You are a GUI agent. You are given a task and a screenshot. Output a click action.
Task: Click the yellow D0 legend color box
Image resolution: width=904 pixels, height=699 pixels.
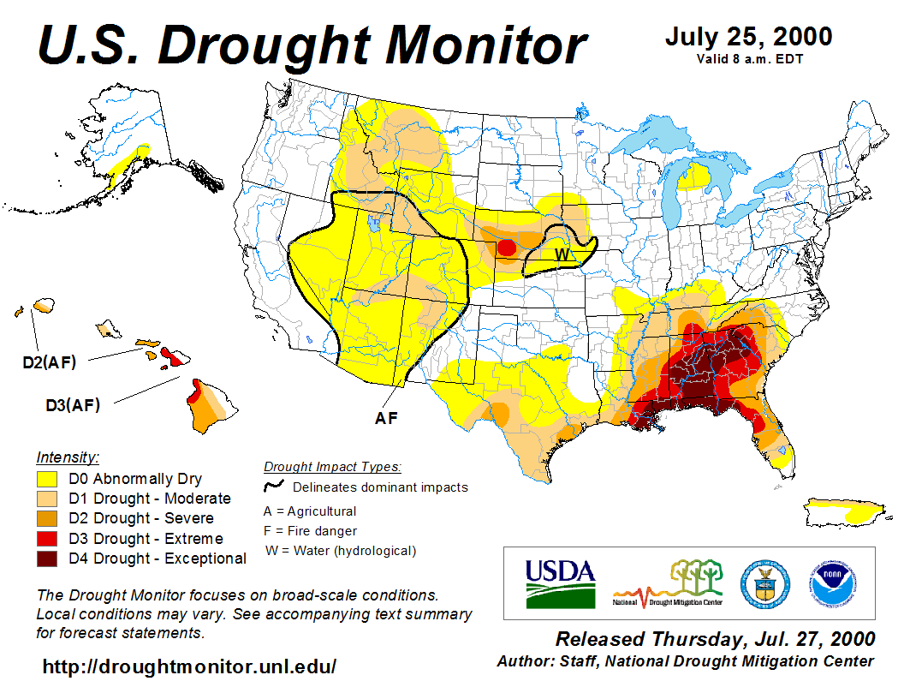click(x=47, y=479)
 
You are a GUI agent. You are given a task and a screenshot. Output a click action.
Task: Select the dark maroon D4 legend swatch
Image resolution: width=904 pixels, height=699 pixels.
click(x=47, y=559)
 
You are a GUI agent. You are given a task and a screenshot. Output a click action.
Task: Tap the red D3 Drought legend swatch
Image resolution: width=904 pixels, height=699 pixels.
click(x=47, y=539)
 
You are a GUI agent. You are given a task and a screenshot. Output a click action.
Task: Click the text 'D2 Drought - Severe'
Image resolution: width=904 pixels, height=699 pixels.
click(x=152, y=518)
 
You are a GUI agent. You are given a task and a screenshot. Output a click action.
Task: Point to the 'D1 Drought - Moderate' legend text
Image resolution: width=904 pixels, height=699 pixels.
click(x=161, y=499)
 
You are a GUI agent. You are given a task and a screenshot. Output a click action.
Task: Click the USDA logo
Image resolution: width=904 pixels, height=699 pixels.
click(x=560, y=582)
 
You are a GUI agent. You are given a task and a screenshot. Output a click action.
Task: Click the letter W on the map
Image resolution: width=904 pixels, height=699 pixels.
click(x=561, y=254)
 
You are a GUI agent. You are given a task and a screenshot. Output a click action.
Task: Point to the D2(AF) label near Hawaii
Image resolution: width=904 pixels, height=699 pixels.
click(x=49, y=362)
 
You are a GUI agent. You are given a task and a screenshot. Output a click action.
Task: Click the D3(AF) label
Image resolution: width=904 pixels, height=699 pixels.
click(x=73, y=405)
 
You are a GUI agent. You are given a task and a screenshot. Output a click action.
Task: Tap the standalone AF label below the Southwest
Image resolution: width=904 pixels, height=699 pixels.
click(x=387, y=418)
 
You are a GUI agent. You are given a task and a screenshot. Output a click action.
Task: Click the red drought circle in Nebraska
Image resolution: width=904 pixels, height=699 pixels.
click(x=505, y=248)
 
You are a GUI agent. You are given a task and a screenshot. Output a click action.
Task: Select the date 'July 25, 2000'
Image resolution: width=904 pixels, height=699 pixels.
click(x=748, y=38)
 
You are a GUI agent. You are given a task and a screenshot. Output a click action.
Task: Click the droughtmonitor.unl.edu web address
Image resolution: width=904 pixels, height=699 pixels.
click(x=189, y=666)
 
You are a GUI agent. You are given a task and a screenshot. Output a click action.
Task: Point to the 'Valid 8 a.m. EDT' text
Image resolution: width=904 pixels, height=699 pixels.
click(x=748, y=58)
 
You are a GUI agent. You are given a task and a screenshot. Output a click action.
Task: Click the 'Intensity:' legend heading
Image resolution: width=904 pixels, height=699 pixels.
click(x=68, y=457)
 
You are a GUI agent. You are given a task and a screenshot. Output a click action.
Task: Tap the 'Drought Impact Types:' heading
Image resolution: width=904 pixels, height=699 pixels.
click(x=332, y=467)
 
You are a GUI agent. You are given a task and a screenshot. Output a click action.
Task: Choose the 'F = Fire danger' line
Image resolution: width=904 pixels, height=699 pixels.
click(x=311, y=531)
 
